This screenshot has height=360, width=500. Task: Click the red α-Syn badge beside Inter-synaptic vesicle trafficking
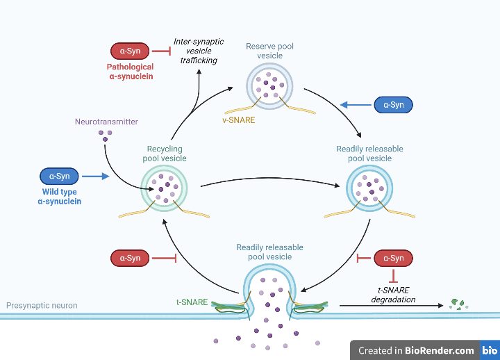[130, 51]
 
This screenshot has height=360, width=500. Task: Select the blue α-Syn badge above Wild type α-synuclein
[60, 177]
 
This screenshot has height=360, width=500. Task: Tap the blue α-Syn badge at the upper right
[394, 105]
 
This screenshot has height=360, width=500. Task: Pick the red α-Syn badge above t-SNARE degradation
[394, 259]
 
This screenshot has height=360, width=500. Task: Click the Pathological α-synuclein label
[130, 72]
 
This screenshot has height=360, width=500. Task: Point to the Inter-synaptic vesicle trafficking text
[199, 51]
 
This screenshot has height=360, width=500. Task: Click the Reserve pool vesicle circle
[270, 84]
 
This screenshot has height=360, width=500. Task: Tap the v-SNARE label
[239, 120]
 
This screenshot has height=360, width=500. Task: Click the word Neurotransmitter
[106, 122]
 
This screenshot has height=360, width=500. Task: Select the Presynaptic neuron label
[42, 305]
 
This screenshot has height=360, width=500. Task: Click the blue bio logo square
[490, 350]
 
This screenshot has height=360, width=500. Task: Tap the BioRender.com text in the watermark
[440, 350]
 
